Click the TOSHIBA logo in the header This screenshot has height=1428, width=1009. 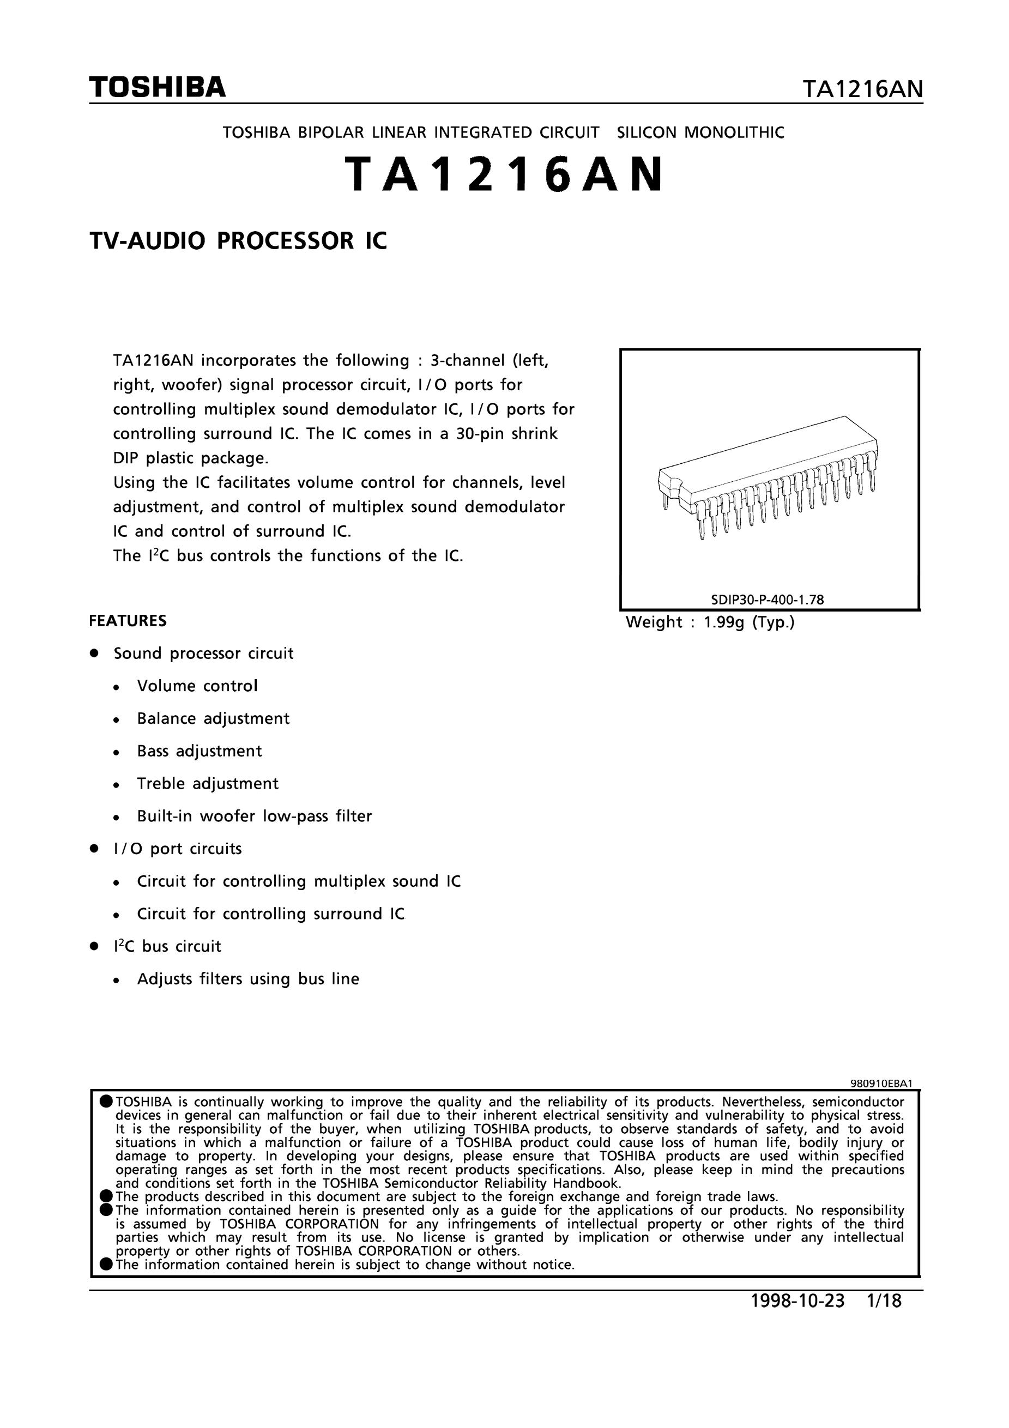(158, 88)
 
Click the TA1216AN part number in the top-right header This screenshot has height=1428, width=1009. (862, 89)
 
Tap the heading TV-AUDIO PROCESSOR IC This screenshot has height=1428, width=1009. (238, 241)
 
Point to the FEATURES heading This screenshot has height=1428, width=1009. (128, 621)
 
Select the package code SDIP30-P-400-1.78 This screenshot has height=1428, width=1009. (768, 600)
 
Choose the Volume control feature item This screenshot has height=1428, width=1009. (197, 686)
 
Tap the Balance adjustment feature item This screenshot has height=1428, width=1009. (213, 719)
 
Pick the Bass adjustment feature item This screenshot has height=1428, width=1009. (200, 751)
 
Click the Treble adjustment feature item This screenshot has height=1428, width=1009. (208, 784)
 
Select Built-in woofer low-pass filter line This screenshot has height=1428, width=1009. (255, 816)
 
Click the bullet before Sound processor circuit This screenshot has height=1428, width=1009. (94, 653)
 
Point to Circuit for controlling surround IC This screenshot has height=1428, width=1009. (270, 913)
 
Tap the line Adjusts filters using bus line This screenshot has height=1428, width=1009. (248, 979)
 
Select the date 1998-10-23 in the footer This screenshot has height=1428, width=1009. (798, 1300)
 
